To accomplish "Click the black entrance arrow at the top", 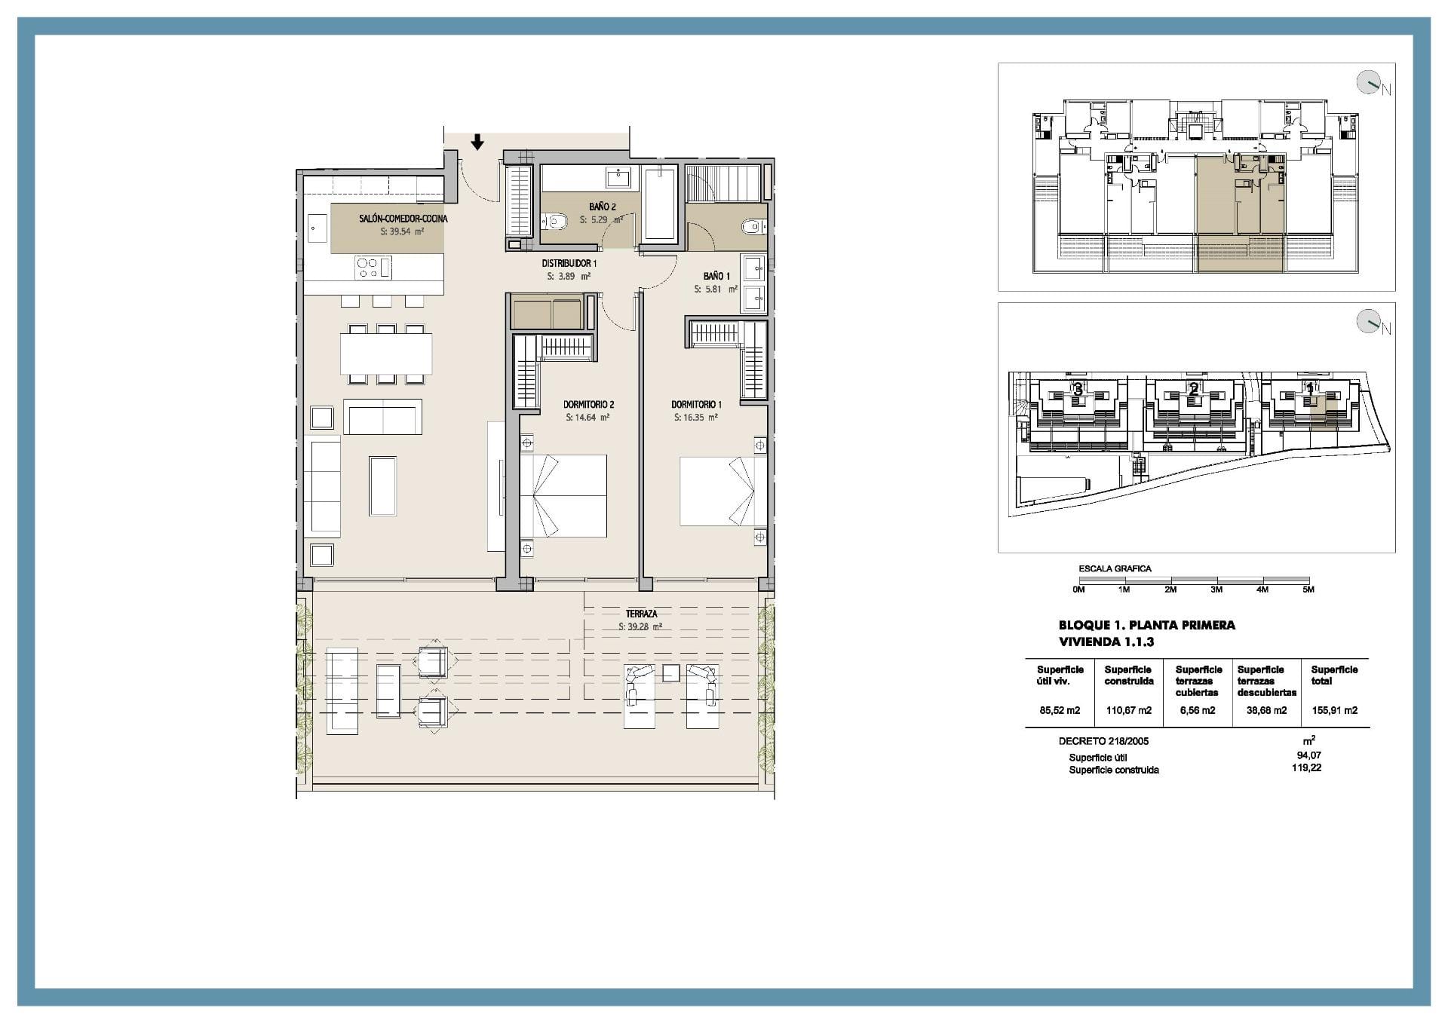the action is [x=477, y=142].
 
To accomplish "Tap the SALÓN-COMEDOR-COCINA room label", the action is [x=403, y=219].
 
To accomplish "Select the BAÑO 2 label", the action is [x=603, y=207].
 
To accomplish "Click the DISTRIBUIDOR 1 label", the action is [x=569, y=264].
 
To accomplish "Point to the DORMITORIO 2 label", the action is [x=589, y=405].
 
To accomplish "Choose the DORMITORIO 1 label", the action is [x=696, y=405].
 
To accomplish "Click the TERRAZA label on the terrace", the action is [x=641, y=614].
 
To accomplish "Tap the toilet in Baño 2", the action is [x=556, y=222].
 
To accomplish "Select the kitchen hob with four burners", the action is [x=367, y=268].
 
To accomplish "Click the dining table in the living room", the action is [x=386, y=354].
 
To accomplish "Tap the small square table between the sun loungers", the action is [x=671, y=673].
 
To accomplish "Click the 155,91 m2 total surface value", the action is [x=1334, y=710].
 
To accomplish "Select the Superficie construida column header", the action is [x=1129, y=675].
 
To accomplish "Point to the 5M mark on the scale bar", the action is [x=1308, y=590].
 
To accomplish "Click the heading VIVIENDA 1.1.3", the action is [x=1106, y=642].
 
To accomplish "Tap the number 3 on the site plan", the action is [x=1078, y=390].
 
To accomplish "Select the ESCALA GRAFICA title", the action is [x=1115, y=568].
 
